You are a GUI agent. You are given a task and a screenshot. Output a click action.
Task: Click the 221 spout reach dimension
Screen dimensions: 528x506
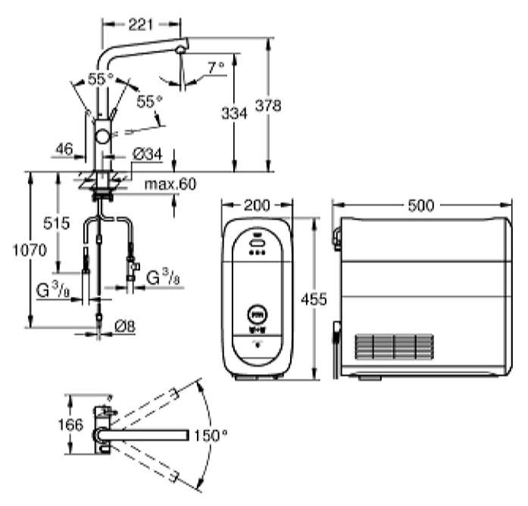[x=141, y=24]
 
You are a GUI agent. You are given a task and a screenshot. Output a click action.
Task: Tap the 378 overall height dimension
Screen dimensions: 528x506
[x=268, y=105]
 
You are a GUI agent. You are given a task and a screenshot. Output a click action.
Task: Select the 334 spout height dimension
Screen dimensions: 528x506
[x=234, y=113]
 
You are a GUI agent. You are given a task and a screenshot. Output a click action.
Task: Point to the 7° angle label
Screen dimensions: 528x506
[x=216, y=67]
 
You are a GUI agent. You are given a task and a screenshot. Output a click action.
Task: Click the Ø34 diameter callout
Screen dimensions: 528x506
[x=148, y=155]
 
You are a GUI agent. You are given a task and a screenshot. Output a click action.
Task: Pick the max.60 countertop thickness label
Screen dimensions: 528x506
[x=170, y=184]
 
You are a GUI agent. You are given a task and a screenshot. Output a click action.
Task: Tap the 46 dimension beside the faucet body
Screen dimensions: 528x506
[x=64, y=148]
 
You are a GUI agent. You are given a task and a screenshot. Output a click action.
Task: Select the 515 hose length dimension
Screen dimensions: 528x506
[x=57, y=223]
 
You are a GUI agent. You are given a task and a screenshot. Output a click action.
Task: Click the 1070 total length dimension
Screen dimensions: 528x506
[x=30, y=250]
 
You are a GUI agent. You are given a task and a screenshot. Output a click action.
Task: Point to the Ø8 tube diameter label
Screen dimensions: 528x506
[x=125, y=326]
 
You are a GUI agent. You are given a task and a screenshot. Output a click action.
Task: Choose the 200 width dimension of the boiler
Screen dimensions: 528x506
[x=257, y=205]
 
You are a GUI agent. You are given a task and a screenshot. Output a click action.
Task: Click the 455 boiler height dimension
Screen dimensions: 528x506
[x=314, y=298]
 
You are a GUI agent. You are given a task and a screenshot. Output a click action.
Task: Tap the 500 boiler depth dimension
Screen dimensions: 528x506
[x=421, y=205]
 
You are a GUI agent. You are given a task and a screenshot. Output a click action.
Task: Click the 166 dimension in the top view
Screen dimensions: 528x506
[x=70, y=424]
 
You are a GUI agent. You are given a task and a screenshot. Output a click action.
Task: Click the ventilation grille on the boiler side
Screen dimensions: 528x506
[x=395, y=346]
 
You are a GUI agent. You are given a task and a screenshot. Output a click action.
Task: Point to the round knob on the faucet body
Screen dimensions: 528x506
[x=102, y=137]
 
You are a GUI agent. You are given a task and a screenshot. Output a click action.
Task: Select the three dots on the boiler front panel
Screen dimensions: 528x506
[x=258, y=252]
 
